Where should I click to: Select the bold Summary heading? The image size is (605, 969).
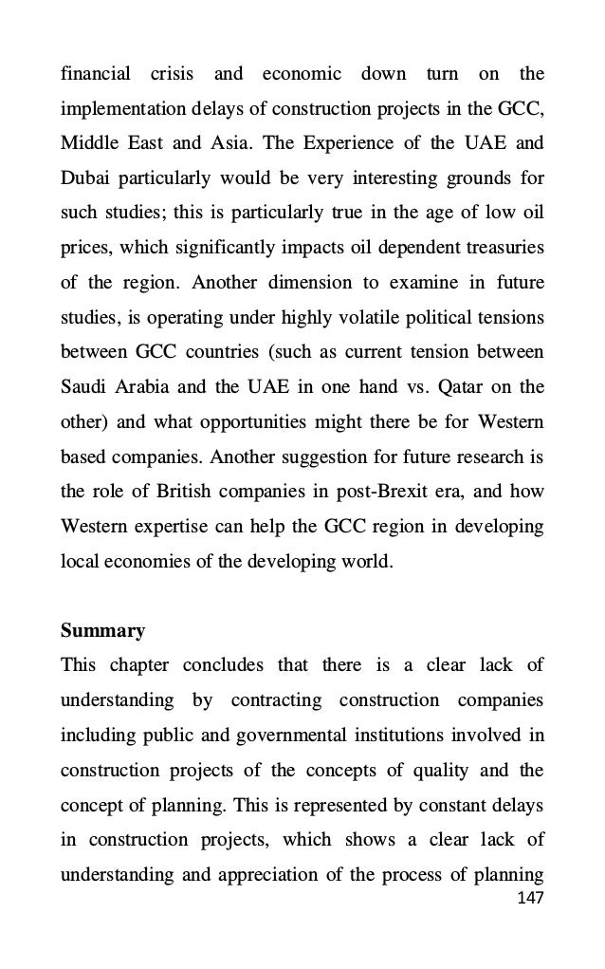[x=102, y=630]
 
